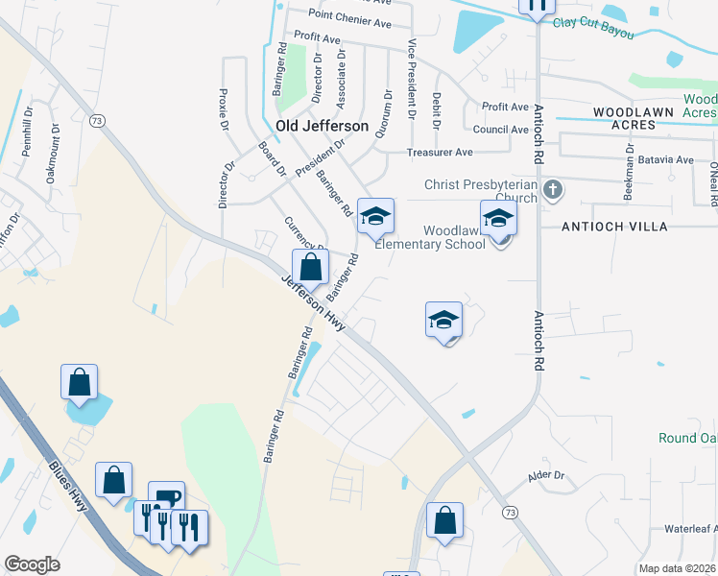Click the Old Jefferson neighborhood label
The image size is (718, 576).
click(322, 126)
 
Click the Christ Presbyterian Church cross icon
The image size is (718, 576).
click(552, 189)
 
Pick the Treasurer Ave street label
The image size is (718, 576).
click(440, 152)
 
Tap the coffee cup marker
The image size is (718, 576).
click(166, 497)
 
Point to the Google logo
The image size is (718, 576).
click(33, 564)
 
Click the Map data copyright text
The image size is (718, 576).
click(678, 568)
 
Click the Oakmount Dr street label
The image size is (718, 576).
click(54, 159)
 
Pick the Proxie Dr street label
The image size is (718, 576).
click(224, 110)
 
